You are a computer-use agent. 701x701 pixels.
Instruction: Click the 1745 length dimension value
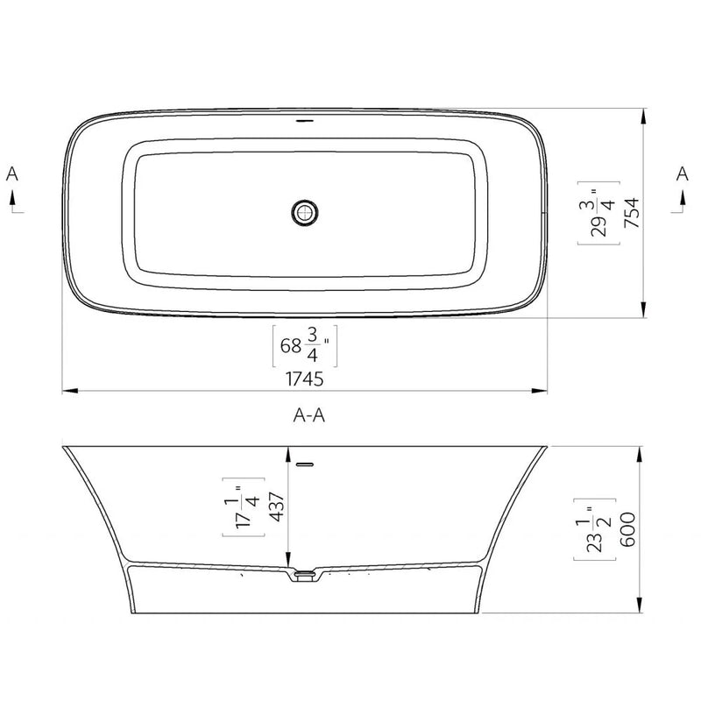point(304,379)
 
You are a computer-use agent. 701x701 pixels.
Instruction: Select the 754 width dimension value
point(632,213)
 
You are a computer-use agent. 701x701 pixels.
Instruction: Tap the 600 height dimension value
point(628,529)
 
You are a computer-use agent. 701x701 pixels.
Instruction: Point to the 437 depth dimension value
point(277,506)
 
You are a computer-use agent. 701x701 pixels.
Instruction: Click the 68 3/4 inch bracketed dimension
point(305,346)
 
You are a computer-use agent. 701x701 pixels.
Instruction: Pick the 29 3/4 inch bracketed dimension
point(598,213)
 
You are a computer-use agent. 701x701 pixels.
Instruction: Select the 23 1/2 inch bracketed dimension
point(595,529)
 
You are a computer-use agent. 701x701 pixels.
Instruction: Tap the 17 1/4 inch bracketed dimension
point(244,506)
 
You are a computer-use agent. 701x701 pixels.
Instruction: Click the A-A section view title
point(309,415)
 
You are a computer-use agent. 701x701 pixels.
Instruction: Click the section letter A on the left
point(12,173)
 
